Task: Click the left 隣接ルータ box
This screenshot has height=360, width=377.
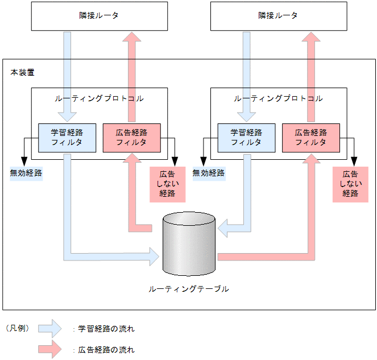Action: point(100,16)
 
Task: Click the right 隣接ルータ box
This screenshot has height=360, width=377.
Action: point(278,16)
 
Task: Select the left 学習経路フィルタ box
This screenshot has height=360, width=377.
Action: point(67,138)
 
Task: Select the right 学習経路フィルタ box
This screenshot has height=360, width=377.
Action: point(246,138)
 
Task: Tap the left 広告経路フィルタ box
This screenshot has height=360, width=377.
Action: point(131,138)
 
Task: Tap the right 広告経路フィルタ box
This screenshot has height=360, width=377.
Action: point(310,138)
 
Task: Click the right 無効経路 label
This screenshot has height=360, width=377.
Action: point(208,172)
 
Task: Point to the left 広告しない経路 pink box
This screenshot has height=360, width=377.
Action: point(167,183)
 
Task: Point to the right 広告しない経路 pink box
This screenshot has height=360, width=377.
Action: point(350,183)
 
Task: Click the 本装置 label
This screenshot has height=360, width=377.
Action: point(22,73)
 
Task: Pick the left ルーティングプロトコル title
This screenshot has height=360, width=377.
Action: point(99,98)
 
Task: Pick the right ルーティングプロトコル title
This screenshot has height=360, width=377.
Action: point(278,98)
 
